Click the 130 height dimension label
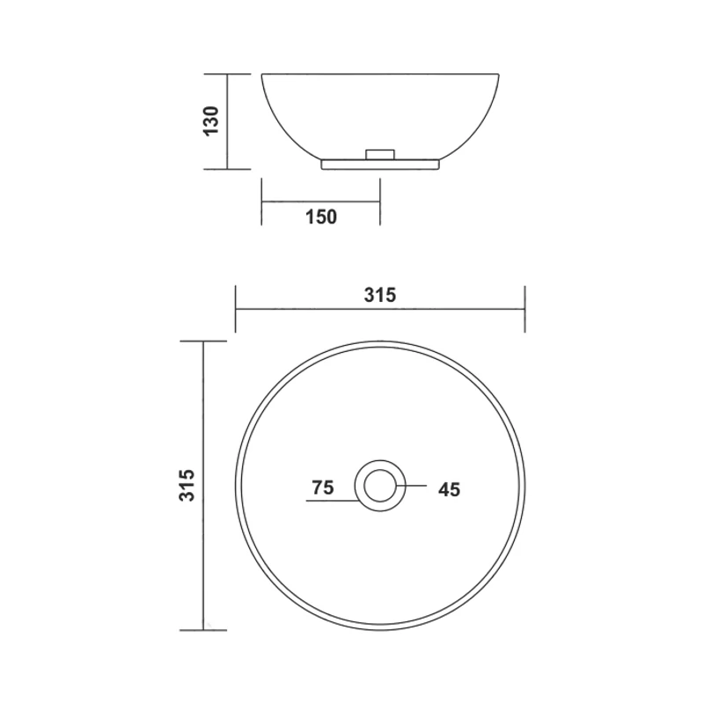(211, 121)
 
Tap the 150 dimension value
(321, 216)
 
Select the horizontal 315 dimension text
(380, 295)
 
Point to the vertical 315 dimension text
(187, 486)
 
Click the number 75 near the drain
(323, 488)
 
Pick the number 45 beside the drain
(450, 489)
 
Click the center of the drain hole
(380, 486)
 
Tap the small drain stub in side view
(380, 154)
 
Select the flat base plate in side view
(380, 165)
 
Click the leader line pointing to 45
(411, 486)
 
